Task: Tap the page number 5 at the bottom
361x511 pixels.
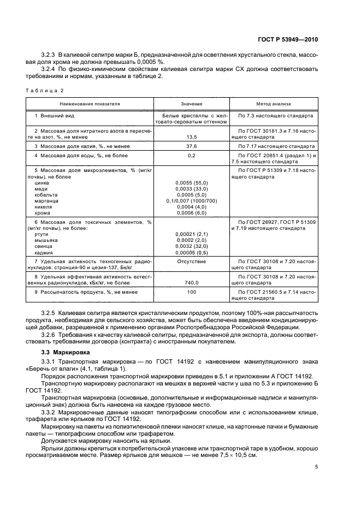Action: point(317,466)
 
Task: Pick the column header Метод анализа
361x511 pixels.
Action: point(274,103)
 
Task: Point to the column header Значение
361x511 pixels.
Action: point(192,103)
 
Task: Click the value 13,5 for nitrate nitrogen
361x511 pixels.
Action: point(192,138)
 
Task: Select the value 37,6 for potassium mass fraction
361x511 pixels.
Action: point(192,147)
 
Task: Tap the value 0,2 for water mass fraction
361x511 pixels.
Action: point(192,156)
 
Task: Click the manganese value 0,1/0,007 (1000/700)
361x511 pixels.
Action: point(192,201)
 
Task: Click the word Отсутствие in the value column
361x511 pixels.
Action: point(192,262)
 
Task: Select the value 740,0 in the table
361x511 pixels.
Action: point(192,283)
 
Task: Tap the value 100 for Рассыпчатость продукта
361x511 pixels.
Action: point(192,293)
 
